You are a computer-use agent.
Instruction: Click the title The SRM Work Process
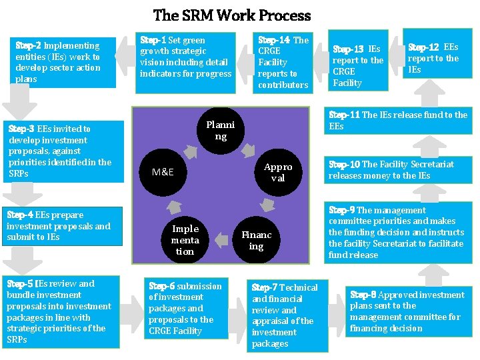coord(232,15)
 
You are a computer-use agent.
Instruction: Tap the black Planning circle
coord(220,131)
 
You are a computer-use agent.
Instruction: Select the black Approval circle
coord(278,172)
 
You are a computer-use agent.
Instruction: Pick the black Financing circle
coord(257,240)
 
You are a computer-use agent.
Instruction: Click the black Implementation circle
coord(185,240)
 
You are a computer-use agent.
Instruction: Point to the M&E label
coord(163,172)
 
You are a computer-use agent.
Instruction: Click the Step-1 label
coord(153,40)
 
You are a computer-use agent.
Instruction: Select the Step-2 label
coord(28,45)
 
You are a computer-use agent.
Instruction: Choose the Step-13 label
coord(348,49)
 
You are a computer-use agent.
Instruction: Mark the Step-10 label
coord(344,164)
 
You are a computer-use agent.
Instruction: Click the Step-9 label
coord(342,210)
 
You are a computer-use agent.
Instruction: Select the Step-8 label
coord(363,295)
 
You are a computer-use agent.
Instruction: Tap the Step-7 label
coord(265,287)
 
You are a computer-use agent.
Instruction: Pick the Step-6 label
coord(161,286)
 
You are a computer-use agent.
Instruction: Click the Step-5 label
coord(19,283)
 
